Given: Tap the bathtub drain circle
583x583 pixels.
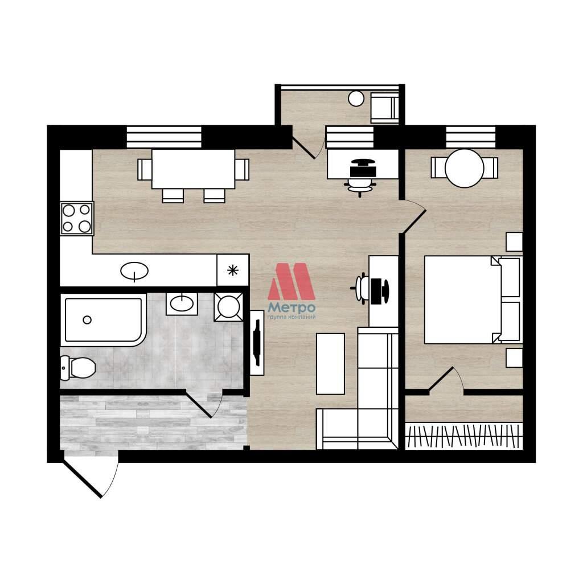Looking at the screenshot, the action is [87, 320].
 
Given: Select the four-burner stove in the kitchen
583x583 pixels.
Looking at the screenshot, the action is [77, 218].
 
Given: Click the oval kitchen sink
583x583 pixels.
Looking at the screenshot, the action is [134, 270].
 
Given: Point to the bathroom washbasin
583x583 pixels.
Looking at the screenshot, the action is [182, 304].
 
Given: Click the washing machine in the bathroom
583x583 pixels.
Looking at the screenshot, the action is [228, 307].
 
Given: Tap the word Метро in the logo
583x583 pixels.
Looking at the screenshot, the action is [291, 308].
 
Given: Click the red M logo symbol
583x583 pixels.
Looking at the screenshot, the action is [291, 281].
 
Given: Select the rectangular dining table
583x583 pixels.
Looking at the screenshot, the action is [194, 169].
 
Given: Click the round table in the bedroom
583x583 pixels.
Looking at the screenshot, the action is [465, 168].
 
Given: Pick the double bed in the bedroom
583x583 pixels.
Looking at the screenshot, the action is [473, 299].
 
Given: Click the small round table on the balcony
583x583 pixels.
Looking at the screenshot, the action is [356, 98].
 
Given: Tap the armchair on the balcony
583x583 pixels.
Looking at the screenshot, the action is [385, 108].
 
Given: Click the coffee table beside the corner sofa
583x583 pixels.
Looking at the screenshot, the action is [330, 364].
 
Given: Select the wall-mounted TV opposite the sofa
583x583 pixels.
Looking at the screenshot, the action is [257, 343].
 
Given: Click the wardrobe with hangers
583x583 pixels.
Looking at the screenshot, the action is [463, 436].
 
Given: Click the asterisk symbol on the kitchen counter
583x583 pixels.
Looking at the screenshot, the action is [233, 270].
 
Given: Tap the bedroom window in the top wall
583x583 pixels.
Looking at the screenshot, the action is [471, 137].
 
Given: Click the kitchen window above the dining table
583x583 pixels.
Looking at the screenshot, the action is [164, 137].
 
